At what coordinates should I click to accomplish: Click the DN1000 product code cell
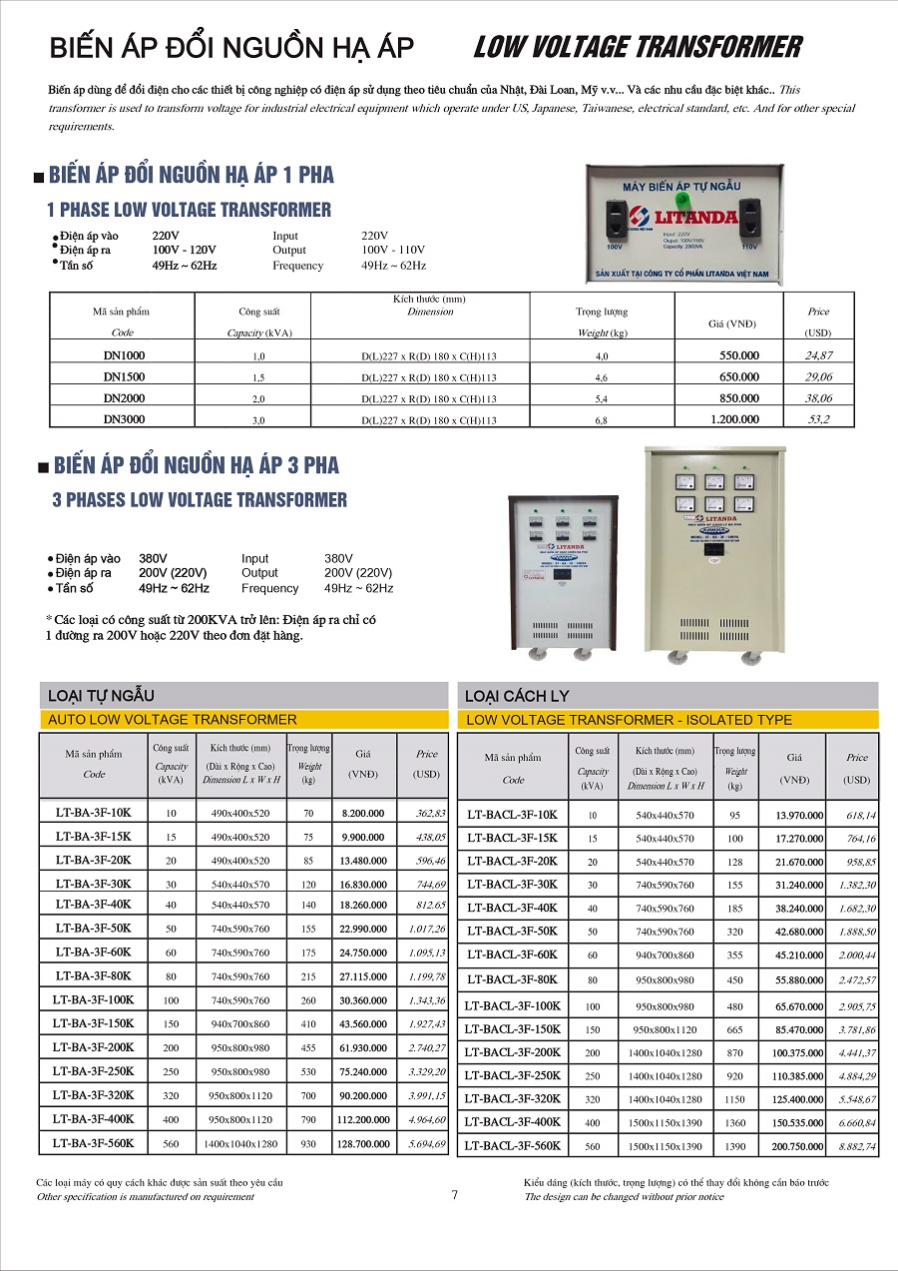coord(123,355)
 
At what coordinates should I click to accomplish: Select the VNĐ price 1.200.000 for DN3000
coord(734,419)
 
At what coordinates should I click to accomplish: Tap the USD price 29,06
coord(818,376)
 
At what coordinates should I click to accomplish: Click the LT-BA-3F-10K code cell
coord(93,814)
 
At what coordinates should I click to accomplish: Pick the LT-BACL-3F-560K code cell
coord(513,1146)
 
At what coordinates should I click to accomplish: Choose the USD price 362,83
coord(425,814)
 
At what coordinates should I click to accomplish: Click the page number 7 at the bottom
coord(454,1195)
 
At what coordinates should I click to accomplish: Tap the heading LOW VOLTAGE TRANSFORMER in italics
coord(637,47)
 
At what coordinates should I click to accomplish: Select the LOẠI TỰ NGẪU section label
coord(102,695)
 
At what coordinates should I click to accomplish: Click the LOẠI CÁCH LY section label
coord(517,696)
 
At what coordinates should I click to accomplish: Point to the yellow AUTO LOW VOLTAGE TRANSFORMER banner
coord(243,719)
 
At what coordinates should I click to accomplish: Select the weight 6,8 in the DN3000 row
coord(602,420)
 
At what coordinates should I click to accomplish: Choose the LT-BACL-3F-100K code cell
coord(513,1005)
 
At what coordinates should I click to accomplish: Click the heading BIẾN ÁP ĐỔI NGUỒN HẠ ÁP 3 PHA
coord(197,465)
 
